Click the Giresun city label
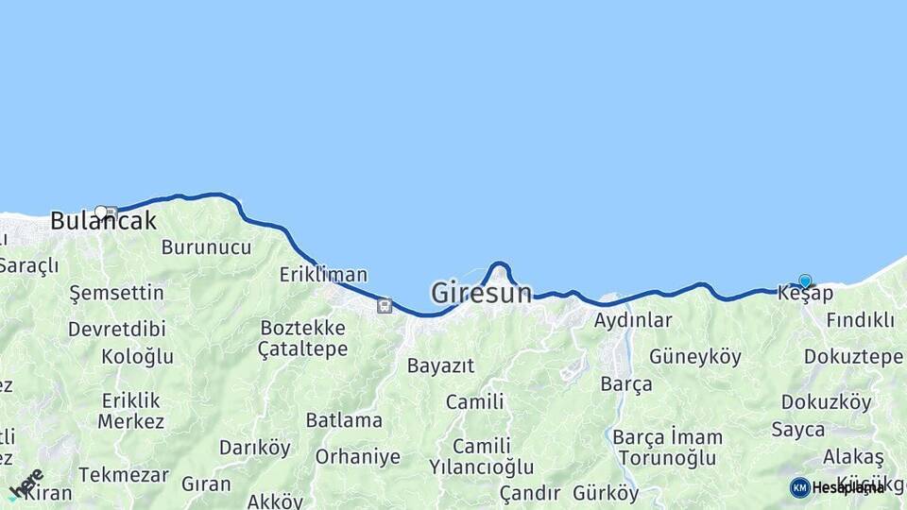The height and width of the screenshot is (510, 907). coord(481,293)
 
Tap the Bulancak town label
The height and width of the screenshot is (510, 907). coord(102,222)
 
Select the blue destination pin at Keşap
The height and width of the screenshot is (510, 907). coord(805,280)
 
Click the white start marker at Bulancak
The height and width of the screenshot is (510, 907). coord(100,211)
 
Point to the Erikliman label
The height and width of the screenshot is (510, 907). coord(323,275)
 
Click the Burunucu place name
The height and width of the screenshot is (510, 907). coord(206,247)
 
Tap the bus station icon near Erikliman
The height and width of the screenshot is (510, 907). coord(384,305)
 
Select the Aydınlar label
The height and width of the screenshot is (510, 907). coord(633,320)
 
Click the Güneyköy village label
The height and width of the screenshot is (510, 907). coord(695,357)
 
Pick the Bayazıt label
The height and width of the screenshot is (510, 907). coord(440,365)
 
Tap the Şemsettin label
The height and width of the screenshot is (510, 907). coord(117,293)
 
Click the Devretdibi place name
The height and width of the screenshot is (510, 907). coord(116,330)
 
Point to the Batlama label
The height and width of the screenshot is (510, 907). coord(344,420)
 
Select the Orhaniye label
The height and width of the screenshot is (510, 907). coord(358,457)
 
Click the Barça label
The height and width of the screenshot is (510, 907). coord(626,384)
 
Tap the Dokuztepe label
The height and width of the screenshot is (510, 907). coord(853,357)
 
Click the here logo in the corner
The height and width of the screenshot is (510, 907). coord(26,484)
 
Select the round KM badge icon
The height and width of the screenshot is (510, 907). coord(799,487)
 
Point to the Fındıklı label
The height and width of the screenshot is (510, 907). coord(860,320)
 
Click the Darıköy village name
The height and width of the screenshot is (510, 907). coord(255,448)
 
